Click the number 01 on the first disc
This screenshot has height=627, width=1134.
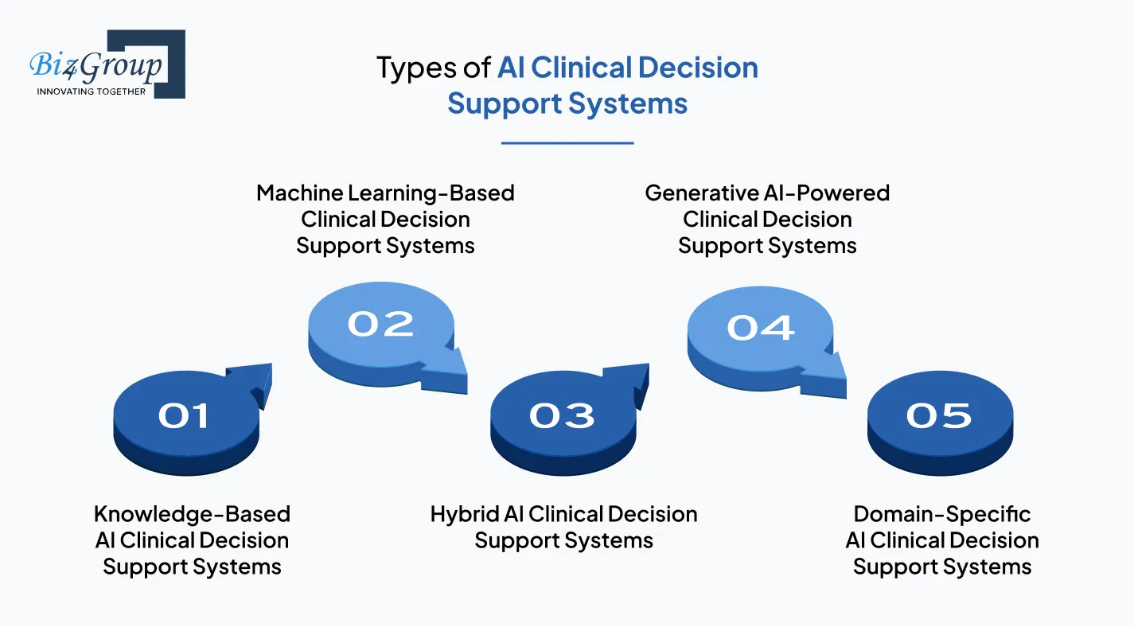[184, 415]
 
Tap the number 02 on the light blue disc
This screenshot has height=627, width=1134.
[380, 324]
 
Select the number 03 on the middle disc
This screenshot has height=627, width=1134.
[562, 415]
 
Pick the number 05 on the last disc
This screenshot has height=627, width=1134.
[939, 415]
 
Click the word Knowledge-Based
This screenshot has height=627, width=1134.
[192, 514]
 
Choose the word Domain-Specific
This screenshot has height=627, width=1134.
[942, 514]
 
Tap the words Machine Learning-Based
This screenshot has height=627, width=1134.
[385, 193]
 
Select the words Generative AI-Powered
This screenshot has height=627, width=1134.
[767, 193]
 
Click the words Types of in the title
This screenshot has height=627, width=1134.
[434, 68]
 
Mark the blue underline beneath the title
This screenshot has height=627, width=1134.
[567, 143]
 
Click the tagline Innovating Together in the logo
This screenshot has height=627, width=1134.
[92, 92]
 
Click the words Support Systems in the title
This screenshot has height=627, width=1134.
[567, 103]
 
